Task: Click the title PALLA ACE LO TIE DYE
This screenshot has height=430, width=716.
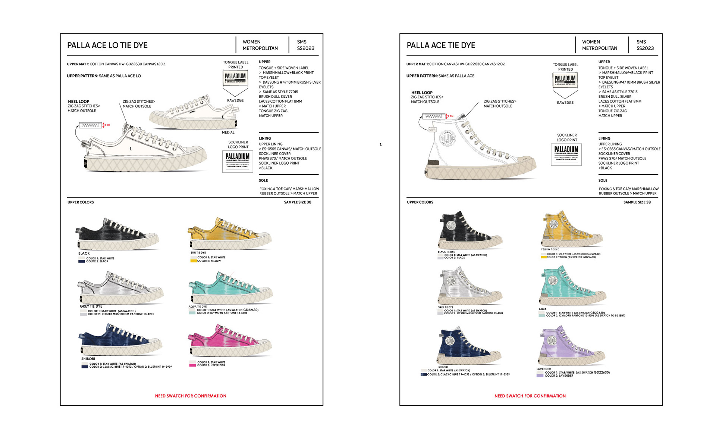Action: (x=107, y=46)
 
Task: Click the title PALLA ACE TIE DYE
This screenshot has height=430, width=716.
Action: (x=441, y=46)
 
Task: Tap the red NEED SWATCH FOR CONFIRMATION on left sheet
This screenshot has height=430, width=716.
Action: (x=191, y=396)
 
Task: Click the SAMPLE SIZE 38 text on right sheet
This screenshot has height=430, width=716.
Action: (x=637, y=202)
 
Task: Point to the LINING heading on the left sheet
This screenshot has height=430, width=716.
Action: (x=265, y=138)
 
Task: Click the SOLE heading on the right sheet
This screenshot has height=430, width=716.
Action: (x=603, y=180)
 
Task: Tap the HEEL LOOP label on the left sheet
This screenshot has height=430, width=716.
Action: (x=78, y=102)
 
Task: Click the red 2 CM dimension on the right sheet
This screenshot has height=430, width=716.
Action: (x=450, y=116)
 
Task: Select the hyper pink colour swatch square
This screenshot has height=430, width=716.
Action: (x=192, y=365)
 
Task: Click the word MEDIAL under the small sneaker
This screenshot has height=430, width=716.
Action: (x=228, y=132)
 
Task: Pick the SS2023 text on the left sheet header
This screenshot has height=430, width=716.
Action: (x=305, y=48)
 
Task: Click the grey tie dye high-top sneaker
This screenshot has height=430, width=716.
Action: (x=469, y=287)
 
